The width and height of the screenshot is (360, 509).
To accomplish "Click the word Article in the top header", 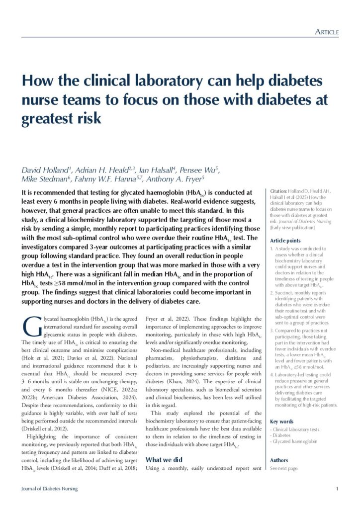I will (x=327, y=32).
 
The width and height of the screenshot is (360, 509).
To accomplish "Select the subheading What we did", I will (x=164, y=460).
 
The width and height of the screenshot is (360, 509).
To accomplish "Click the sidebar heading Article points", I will (x=284, y=240).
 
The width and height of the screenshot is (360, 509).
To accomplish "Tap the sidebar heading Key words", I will (x=281, y=421).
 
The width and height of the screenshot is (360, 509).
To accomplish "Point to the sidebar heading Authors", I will (x=279, y=460).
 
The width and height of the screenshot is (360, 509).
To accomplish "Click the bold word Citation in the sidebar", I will (x=278, y=191).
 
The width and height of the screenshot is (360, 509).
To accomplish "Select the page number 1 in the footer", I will (x=337, y=489).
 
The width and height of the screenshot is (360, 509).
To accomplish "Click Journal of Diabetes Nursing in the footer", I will (x=49, y=489).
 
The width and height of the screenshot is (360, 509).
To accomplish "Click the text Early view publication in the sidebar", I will (x=292, y=228).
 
